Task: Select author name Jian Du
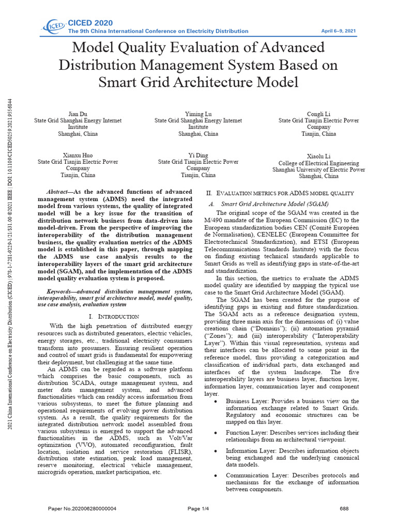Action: tap(78, 113)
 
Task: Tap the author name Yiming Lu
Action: tap(198, 113)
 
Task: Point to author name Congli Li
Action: tap(318, 114)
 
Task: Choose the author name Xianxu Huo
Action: tap(78, 154)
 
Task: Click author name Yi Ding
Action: tap(198, 154)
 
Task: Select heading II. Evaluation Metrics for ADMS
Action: tap(280, 193)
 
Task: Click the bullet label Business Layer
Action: tap(248, 401)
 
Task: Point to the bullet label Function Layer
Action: tap(248, 432)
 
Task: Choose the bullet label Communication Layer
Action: tap(256, 475)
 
